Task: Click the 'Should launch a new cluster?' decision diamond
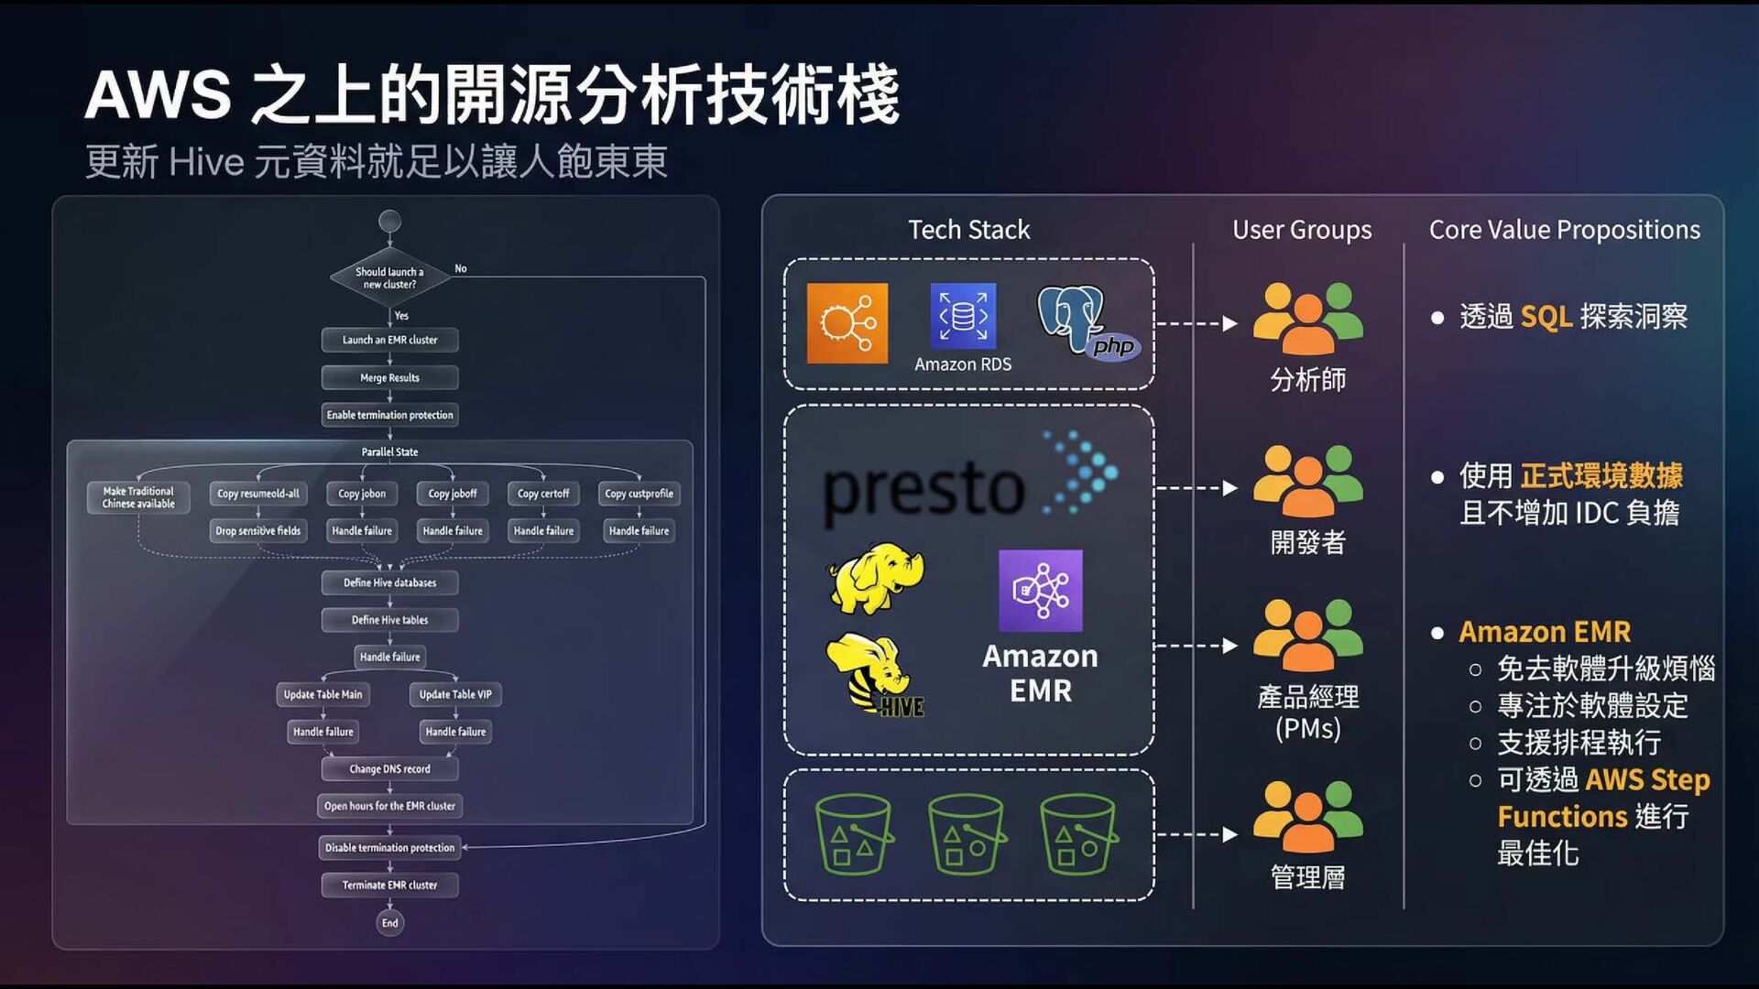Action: [x=389, y=277]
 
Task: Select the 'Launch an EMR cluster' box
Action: [x=389, y=340]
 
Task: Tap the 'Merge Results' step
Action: [x=389, y=377]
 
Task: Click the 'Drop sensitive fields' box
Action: [x=257, y=531]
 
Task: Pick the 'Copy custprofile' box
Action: [x=639, y=494]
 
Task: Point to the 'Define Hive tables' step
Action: [x=389, y=620]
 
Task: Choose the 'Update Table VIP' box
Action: [x=455, y=694]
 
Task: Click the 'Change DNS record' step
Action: [x=389, y=769]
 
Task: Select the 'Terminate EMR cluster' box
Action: [x=389, y=886]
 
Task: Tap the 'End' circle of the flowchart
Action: [x=389, y=923]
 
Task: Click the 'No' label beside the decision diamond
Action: [x=461, y=269]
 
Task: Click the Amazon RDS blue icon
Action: [x=963, y=316]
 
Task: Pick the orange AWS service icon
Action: [x=847, y=323]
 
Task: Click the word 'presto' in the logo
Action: [x=923, y=489]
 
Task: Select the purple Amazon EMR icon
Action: [x=1040, y=591]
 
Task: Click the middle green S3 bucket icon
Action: [x=967, y=834]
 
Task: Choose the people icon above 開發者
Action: [x=1307, y=480]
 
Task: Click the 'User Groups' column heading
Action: [x=1302, y=230]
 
